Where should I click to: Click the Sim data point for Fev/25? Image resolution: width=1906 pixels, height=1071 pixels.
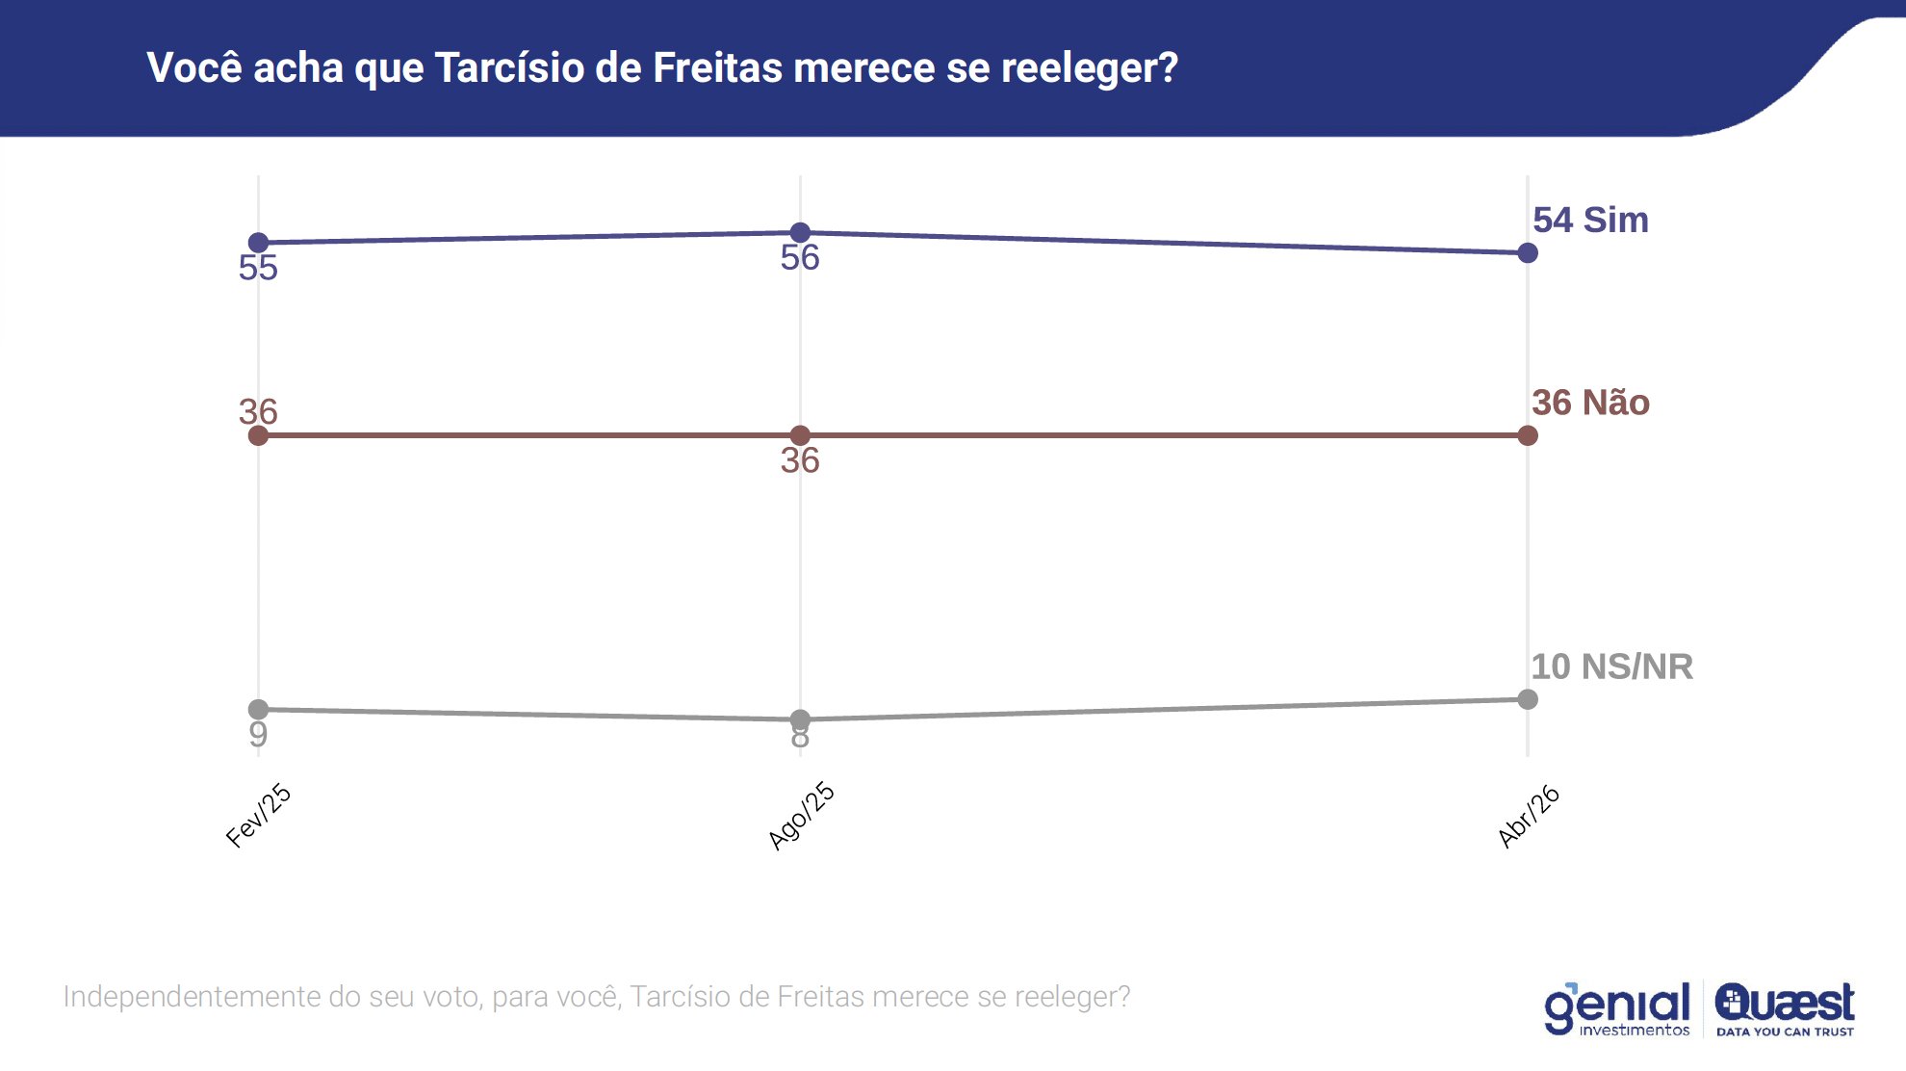258,243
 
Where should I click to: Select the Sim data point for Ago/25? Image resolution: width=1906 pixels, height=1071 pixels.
800,232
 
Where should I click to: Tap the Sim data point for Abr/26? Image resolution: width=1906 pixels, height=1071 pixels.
1528,253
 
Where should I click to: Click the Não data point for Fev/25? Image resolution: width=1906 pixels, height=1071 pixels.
258,435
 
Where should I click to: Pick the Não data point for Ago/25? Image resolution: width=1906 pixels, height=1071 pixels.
800,435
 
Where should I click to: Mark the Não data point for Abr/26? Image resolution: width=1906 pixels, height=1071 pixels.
1528,435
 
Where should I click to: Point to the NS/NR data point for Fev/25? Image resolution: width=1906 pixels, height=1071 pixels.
258,709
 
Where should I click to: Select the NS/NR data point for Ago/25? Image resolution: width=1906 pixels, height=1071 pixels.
800,718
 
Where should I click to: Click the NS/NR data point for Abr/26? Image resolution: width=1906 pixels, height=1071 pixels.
1528,699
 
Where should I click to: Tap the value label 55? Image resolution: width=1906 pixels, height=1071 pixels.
258,268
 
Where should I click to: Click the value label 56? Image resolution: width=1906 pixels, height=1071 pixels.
800,258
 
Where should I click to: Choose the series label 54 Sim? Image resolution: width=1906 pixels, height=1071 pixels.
1590,221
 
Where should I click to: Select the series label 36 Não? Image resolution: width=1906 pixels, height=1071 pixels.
1590,403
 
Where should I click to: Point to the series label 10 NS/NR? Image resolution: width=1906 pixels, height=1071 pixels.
1611,666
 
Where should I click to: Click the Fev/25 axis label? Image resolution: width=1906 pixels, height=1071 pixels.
258,816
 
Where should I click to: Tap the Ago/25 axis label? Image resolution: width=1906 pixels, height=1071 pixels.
801,817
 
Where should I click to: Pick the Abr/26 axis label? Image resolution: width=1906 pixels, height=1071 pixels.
1529,817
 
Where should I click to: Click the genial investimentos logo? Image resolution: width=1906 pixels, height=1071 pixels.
1617,1008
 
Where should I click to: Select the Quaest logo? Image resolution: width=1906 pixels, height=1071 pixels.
1785,1008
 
